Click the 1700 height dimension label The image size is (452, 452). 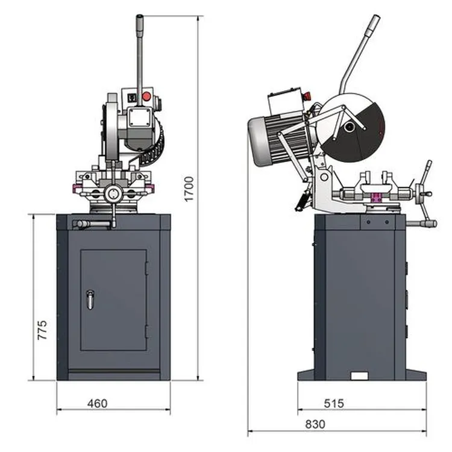coord(189,188)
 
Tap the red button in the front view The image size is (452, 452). coord(145,96)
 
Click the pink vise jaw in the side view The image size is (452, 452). coord(378,198)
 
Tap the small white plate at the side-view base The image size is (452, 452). coord(360,376)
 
